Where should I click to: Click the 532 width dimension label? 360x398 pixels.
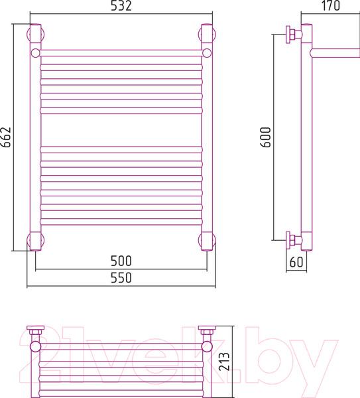click(x=121, y=5)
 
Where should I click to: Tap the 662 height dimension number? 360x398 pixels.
click(x=6, y=137)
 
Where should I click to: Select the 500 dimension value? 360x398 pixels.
click(x=121, y=261)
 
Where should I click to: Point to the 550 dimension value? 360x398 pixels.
click(x=121, y=278)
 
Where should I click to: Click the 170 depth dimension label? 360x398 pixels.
click(x=331, y=5)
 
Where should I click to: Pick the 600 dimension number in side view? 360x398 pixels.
click(x=266, y=137)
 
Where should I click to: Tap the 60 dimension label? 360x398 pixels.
click(x=296, y=262)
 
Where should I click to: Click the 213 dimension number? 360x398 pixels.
click(x=224, y=362)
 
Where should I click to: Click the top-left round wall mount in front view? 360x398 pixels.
click(x=35, y=34)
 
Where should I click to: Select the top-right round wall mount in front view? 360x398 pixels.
click(x=207, y=34)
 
